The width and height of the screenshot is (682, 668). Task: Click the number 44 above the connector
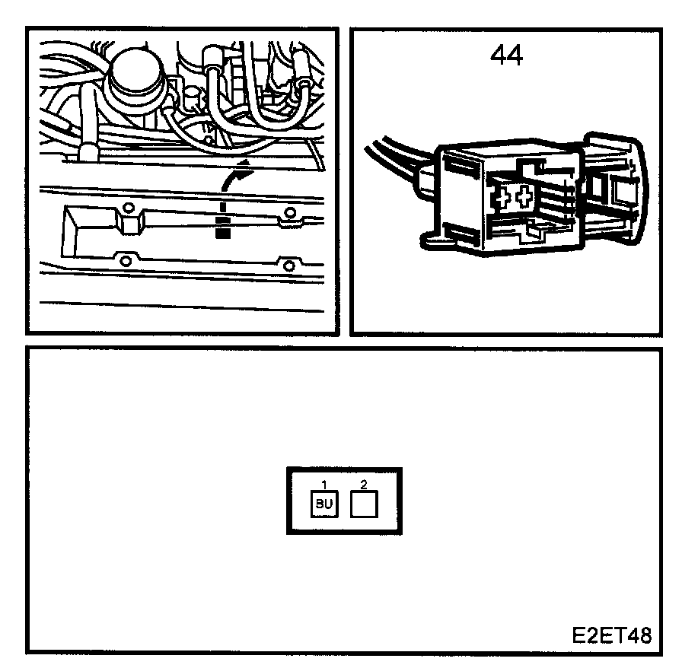point(506,55)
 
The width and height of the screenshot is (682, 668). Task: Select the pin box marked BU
point(324,505)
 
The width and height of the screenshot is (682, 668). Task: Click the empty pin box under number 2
point(364,504)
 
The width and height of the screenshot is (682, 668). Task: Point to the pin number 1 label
point(324,484)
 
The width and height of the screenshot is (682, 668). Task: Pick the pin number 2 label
point(364,484)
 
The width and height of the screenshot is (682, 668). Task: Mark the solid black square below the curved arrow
point(222,233)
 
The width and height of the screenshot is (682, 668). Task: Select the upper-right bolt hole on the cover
point(288,212)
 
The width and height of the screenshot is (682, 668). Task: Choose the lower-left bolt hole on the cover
point(126,262)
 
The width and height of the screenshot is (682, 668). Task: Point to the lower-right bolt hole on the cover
point(288,265)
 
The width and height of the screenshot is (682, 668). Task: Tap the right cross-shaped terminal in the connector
point(524,199)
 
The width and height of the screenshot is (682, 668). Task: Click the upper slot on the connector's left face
point(459,164)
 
